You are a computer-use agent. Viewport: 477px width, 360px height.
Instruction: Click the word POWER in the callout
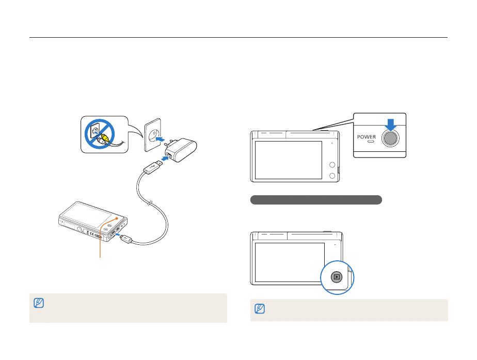pos(368,137)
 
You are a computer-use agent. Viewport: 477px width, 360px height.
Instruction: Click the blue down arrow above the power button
pos(390,124)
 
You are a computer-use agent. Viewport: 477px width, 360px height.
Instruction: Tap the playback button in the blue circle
pos(337,277)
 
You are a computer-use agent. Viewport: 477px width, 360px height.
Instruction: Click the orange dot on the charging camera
pos(118,218)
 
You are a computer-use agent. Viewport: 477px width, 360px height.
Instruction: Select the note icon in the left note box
pos(37,303)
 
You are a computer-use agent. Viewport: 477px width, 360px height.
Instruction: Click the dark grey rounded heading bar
pos(316,200)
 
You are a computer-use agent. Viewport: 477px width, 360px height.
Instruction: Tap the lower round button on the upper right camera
pos(332,176)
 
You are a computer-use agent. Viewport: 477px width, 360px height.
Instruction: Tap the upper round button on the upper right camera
pos(332,165)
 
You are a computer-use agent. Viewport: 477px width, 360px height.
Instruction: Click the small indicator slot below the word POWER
pos(368,144)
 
